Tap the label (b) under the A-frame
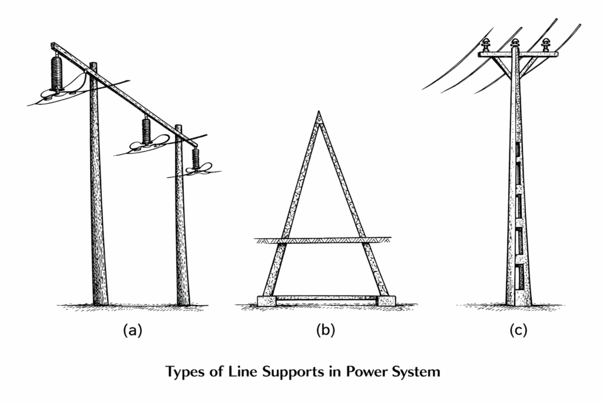[325, 331]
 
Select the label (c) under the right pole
[518, 331]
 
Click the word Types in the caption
[184, 373]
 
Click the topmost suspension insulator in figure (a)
[57, 74]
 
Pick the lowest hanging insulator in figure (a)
[195, 159]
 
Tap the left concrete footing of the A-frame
[267, 301]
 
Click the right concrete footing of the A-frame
[386, 301]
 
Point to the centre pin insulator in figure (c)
[515, 44]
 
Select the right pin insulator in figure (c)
[545, 44]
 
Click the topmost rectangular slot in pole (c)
[518, 149]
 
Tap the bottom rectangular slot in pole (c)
[518, 277]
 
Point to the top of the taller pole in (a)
[93, 65]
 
